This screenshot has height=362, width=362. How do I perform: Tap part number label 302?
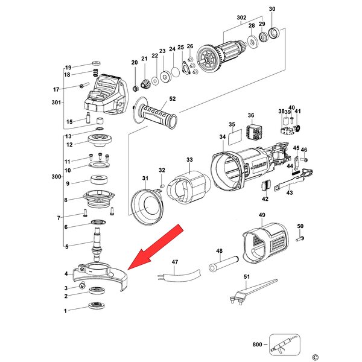(x=242, y=18)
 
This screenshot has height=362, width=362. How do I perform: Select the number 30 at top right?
(x=271, y=9)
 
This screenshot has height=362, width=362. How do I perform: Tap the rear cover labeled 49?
(x=265, y=244)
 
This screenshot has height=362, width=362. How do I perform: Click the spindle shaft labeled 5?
(x=97, y=241)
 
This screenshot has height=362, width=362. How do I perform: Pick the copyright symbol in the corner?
(x=314, y=357)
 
